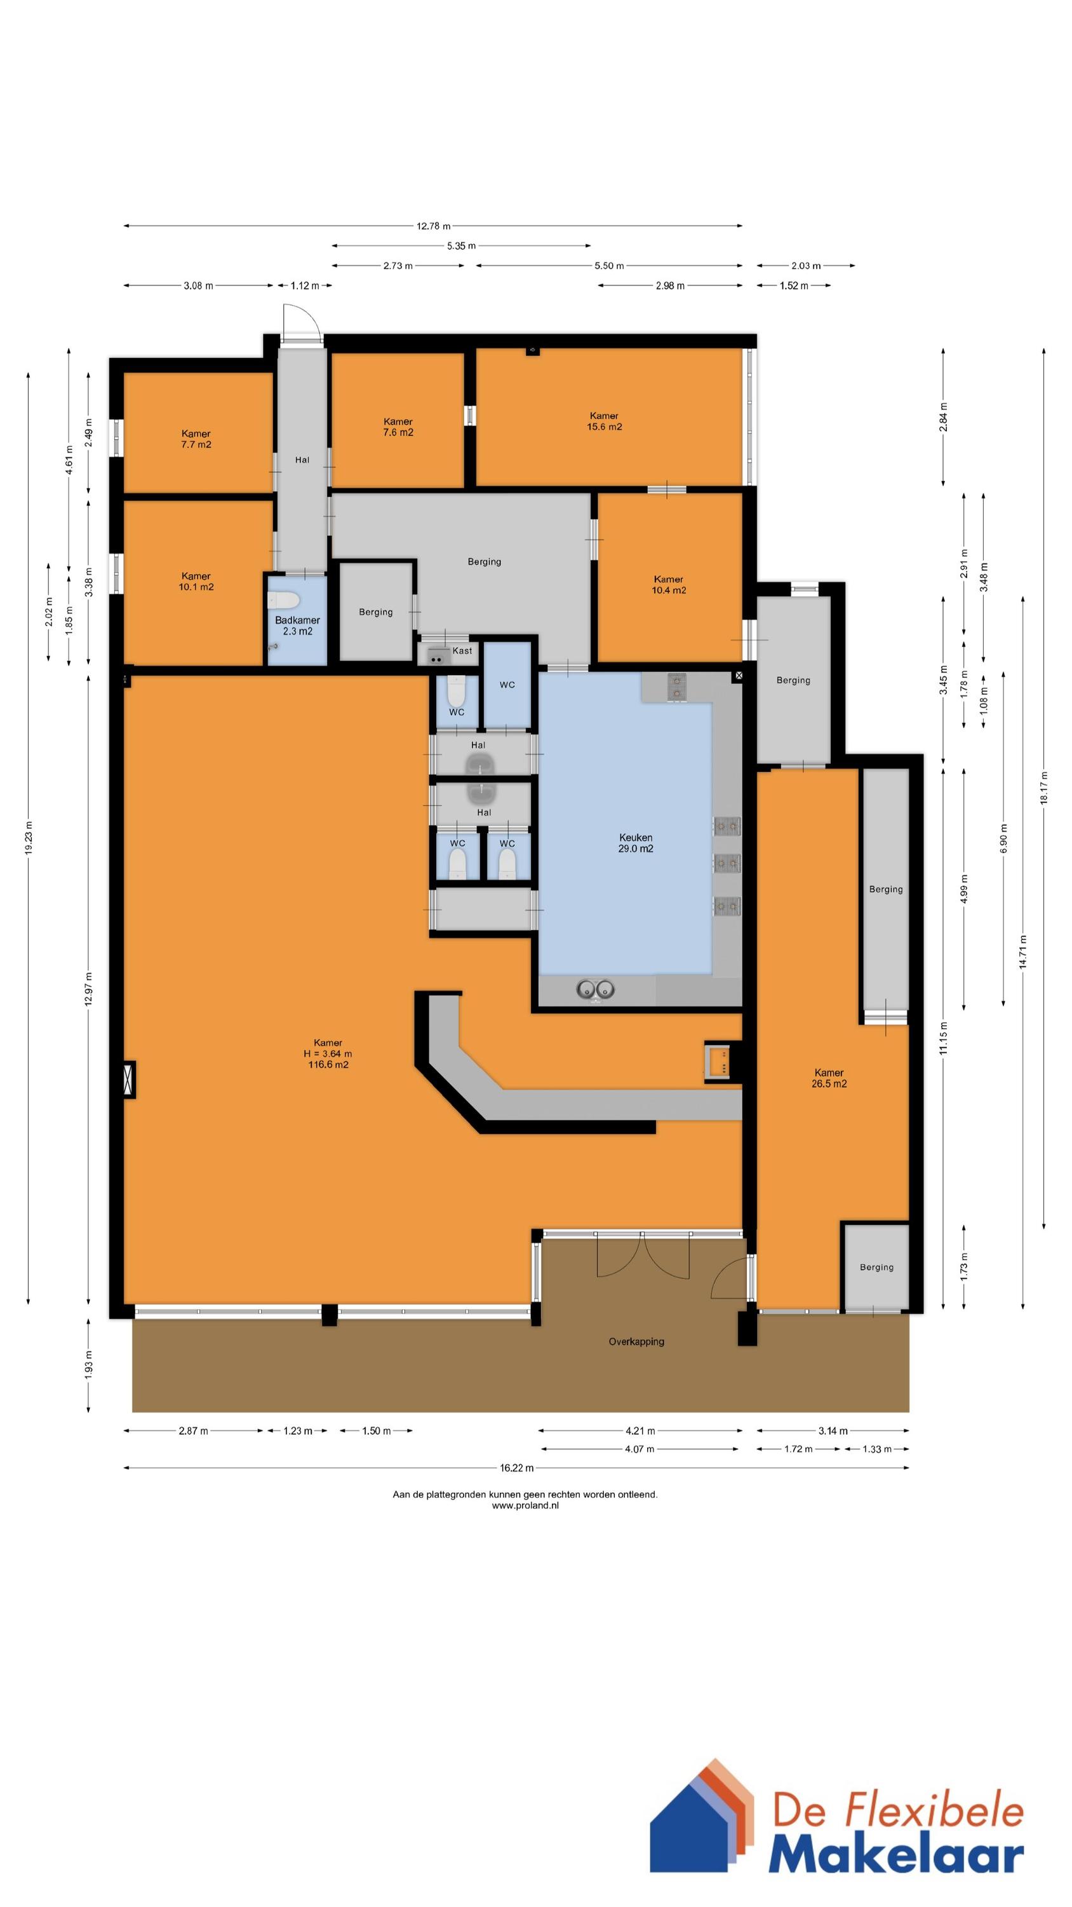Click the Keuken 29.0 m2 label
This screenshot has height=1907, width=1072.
(635, 843)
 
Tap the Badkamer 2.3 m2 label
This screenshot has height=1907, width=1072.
(297, 625)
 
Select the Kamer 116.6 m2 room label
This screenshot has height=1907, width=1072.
(328, 1053)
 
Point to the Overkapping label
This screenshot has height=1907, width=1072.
(636, 1341)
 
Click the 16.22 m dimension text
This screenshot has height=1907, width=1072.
(516, 1467)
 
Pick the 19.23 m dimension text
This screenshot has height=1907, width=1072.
(29, 838)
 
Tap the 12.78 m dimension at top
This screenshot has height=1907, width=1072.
(432, 226)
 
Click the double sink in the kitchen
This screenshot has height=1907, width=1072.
(596, 988)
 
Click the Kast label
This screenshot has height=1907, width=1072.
(462, 651)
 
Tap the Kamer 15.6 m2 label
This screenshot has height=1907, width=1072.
(604, 421)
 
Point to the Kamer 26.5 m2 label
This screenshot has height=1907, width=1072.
(829, 1078)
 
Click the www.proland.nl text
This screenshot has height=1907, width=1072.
(525, 1505)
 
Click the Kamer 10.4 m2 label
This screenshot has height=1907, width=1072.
(668, 585)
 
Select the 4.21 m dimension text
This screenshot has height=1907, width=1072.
(640, 1430)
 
